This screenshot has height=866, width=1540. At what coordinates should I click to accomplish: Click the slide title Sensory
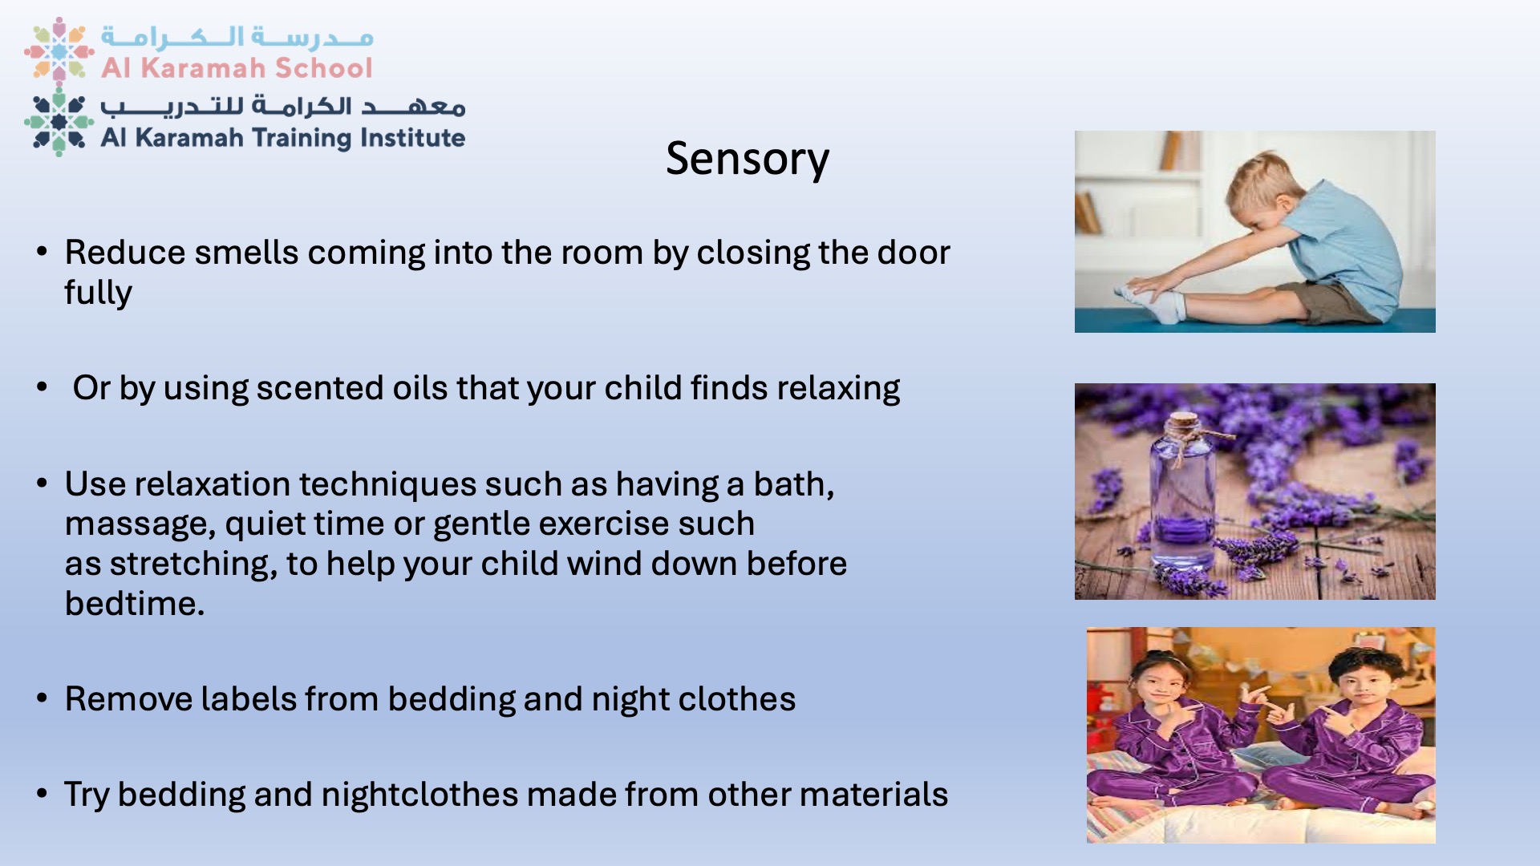748,159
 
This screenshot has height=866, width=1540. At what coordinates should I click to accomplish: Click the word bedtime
135,604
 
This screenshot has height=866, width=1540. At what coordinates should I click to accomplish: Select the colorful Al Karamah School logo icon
59,51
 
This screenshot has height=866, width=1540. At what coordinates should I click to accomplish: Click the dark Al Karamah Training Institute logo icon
59,122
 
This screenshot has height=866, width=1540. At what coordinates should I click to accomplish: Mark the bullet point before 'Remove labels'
43,698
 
